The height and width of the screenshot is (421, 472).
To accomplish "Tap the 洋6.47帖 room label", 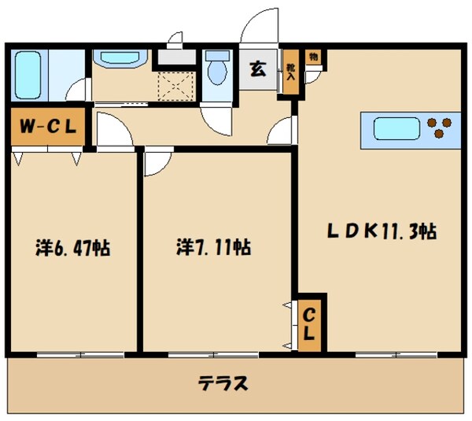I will pyautogui.click(x=73, y=249).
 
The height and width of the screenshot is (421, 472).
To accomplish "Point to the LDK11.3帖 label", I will pyautogui.click(x=382, y=232).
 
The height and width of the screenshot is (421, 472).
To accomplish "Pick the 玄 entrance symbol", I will pyautogui.click(x=257, y=68).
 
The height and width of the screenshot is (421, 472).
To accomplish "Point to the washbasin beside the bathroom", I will pyautogui.click(x=120, y=61).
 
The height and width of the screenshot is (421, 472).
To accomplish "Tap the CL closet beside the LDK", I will pyautogui.click(x=309, y=323).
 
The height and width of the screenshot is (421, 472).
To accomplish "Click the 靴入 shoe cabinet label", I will pyautogui.click(x=290, y=72).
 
